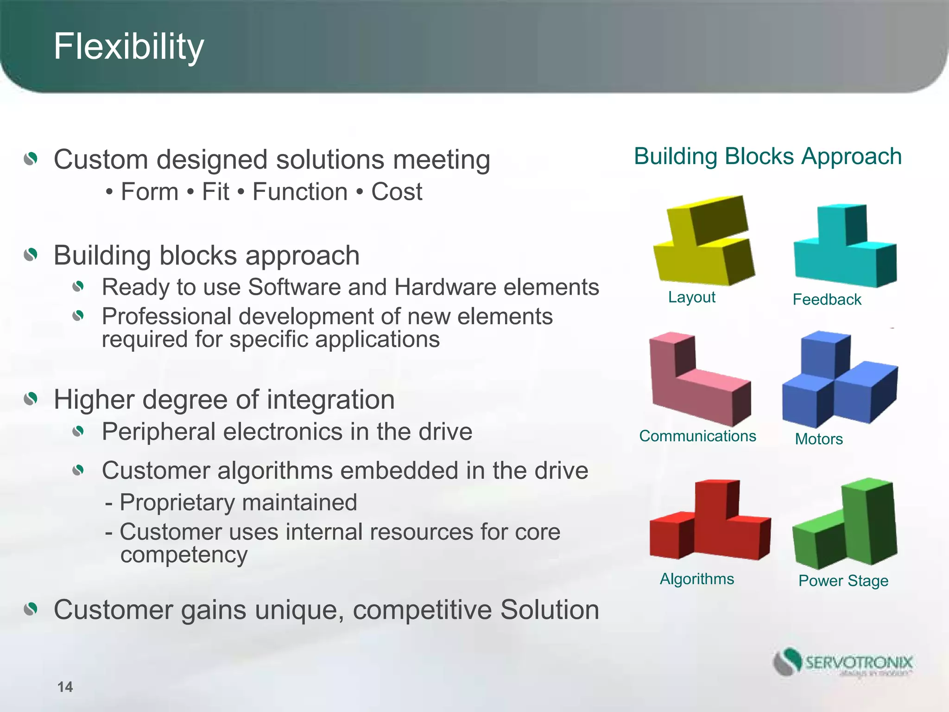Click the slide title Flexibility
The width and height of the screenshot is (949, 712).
click(128, 47)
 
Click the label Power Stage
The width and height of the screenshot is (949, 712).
click(843, 581)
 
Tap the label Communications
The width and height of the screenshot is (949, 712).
click(697, 436)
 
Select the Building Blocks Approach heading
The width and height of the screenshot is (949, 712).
click(768, 156)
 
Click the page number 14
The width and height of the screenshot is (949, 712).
click(65, 687)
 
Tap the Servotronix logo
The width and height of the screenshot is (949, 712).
click(842, 662)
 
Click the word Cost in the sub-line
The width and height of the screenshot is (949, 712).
click(397, 192)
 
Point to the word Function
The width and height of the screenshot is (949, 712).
click(300, 192)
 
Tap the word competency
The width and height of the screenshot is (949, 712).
click(183, 554)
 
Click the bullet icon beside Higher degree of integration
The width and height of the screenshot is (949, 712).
click(31, 399)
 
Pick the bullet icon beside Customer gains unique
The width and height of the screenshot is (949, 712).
click(31, 609)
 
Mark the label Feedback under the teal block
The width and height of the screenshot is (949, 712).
click(827, 299)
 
